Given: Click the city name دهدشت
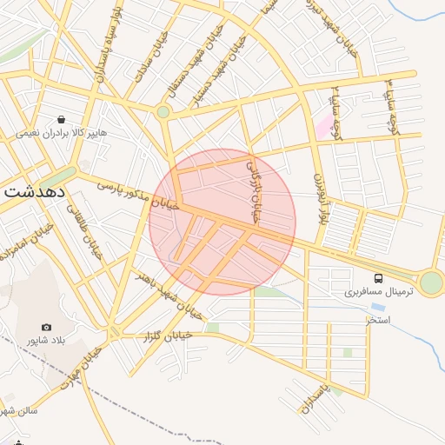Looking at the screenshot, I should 34,192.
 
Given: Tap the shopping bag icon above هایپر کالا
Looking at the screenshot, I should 61,120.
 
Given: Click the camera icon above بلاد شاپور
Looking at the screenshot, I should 46,327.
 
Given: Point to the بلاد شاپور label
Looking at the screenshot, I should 45,340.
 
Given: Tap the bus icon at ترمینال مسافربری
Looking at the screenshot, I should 378,278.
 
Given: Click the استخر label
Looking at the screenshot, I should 377,321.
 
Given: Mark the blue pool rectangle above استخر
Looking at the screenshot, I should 378,308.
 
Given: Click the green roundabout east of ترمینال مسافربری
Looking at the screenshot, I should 430,282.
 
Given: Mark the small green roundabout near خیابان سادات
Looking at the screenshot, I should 163,111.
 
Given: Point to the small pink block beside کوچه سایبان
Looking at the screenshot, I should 324,128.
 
